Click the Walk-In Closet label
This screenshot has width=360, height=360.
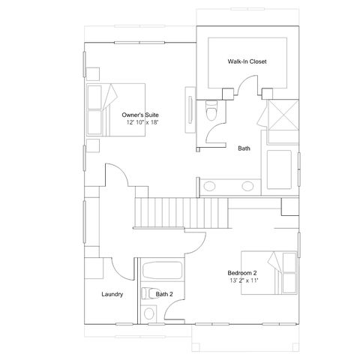[247, 61]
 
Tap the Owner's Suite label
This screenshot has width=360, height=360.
[140, 115]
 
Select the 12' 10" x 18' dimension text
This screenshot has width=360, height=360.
[143, 122]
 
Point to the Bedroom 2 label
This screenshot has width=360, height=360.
[242, 273]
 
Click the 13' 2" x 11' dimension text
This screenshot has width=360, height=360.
[244, 280]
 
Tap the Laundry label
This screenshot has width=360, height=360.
[112, 294]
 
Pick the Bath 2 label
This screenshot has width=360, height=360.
[164, 294]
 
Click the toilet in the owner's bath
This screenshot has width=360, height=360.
[211, 110]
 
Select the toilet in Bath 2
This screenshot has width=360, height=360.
[148, 293]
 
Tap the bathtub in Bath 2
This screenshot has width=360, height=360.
[162, 270]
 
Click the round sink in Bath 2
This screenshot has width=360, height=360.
[149, 313]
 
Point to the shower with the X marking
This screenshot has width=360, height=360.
[283, 115]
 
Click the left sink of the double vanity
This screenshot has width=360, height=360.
[209, 186]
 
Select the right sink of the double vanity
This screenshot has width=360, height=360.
[247, 186]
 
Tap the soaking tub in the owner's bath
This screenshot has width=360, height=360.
[279, 169]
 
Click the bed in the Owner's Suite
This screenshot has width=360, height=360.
[116, 110]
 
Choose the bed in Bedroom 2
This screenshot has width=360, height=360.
[269, 273]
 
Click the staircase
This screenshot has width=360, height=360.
[181, 213]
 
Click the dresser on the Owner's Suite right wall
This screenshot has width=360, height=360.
[190, 109]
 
